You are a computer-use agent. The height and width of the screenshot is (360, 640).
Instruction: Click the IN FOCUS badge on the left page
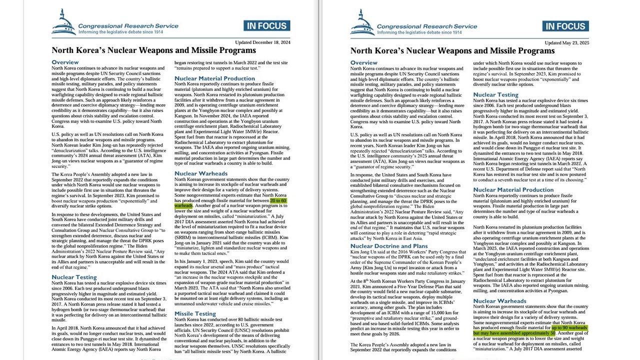coord(266,26)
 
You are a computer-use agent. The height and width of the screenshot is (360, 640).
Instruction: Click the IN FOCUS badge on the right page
coord(565,26)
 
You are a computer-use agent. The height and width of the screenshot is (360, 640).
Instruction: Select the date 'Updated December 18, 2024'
coord(263,42)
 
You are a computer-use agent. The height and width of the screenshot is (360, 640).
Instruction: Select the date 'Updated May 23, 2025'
coord(567,42)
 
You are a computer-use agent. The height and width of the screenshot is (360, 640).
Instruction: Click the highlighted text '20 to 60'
coord(278,200)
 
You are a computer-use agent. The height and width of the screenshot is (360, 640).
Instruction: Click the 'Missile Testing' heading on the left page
coord(195,313)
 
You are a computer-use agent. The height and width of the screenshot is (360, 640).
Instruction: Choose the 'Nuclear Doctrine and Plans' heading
coord(389,246)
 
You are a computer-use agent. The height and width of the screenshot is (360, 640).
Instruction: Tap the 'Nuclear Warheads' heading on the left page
coord(201,173)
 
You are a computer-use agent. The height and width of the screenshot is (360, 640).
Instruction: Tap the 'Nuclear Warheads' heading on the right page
coord(499,301)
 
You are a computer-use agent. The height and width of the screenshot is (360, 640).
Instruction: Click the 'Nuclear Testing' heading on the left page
coord(74,277)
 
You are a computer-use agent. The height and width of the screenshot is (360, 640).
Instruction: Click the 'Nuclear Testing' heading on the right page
coord(495,94)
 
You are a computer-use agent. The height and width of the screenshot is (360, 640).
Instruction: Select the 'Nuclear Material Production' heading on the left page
coord(214,78)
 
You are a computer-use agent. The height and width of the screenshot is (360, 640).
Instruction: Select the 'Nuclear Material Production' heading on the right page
coord(513,189)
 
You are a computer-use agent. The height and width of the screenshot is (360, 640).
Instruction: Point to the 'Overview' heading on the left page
coord(65,62)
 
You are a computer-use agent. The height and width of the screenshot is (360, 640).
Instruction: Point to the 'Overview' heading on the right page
coord(363,62)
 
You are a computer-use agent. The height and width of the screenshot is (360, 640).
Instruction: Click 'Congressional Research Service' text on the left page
coord(128,26)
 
